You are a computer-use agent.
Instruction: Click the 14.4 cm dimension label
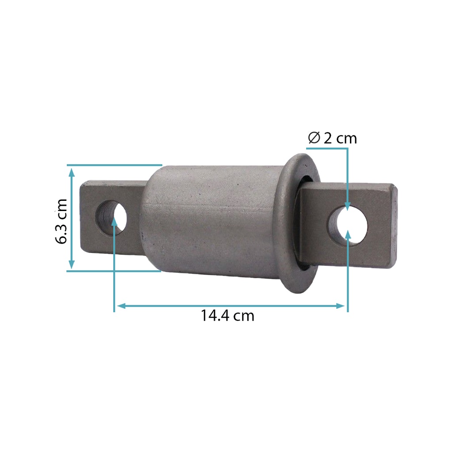(227, 316)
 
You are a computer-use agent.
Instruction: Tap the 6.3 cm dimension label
(61, 221)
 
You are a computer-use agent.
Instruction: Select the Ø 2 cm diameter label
(332, 138)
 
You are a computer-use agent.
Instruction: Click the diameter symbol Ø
(314, 138)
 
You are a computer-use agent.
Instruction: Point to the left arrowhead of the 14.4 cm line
(119, 306)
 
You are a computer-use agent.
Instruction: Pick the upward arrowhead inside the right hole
(348, 234)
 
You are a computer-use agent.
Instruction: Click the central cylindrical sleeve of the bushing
(212, 219)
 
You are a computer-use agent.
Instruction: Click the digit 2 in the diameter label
(328, 138)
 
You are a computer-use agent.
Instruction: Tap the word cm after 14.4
(244, 316)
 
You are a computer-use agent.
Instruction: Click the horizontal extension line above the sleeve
(115, 165)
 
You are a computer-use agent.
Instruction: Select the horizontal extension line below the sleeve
(115, 271)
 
